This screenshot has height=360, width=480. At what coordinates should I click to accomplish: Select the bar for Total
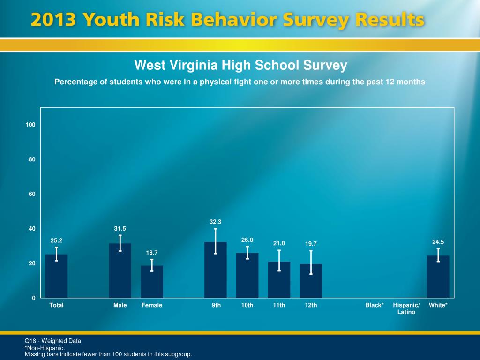click(x=56, y=277)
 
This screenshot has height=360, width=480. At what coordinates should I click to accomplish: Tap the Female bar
click(x=152, y=282)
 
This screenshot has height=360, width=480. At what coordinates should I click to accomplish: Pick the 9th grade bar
click(x=215, y=270)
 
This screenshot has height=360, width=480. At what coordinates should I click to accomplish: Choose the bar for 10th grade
click(x=247, y=276)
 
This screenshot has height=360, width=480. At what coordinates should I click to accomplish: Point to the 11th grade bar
click(x=279, y=280)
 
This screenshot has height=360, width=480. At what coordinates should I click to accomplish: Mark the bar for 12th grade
click(x=311, y=281)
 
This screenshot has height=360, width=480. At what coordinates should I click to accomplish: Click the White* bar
click(x=438, y=277)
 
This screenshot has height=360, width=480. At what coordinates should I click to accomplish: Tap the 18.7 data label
click(x=152, y=253)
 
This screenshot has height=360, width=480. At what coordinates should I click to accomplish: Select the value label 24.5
click(x=438, y=242)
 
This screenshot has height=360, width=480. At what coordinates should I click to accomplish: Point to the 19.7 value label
click(x=311, y=243)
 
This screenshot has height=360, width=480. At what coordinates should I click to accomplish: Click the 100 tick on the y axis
click(x=31, y=125)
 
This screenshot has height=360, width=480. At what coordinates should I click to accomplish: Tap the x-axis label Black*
click(x=375, y=305)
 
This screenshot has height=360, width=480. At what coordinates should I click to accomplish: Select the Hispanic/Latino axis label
click(x=406, y=308)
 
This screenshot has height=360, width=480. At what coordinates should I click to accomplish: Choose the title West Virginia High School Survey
click(x=240, y=65)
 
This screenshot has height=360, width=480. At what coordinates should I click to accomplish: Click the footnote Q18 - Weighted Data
click(x=53, y=341)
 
